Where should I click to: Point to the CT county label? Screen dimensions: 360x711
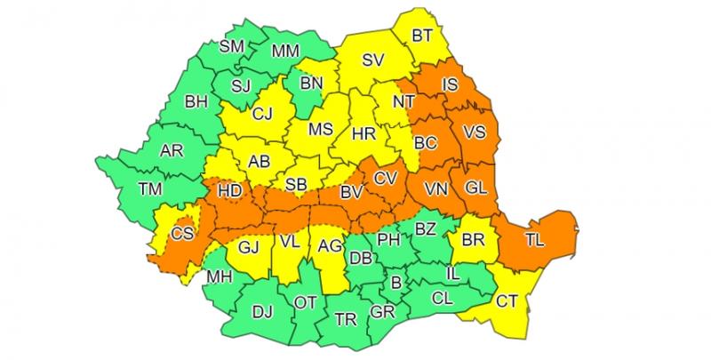click(507, 302)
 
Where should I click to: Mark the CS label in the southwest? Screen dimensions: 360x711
click(182, 234)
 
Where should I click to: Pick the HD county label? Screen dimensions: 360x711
click(229, 191)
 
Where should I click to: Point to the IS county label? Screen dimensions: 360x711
click(451, 85)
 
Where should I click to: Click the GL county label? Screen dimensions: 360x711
click(475, 188)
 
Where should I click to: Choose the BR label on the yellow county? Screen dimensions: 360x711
click(472, 241)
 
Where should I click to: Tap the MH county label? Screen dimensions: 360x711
click(218, 276)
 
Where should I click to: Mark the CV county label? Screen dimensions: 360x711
click(384, 178)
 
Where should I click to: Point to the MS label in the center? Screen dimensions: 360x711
click(320, 130)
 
